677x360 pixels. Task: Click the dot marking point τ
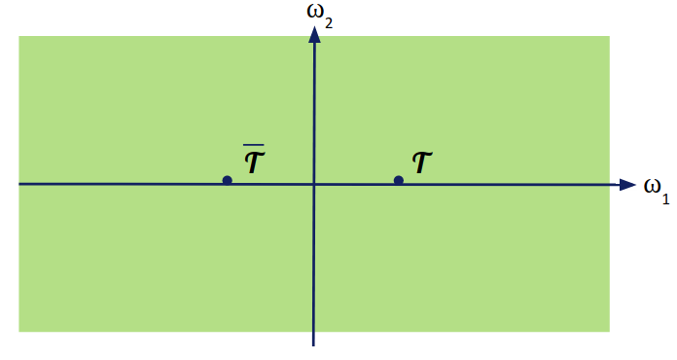coord(398,180)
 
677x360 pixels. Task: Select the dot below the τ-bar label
coord(227,180)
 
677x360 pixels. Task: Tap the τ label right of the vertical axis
coord(422,162)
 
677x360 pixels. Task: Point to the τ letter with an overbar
coord(254,162)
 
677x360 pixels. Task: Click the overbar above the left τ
coord(254,146)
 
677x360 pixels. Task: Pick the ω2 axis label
coord(315,14)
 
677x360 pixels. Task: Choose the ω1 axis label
coord(656,188)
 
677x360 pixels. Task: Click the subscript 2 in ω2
coord(329,20)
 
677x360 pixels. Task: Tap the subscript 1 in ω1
coord(666,198)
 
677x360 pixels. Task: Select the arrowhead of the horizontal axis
coord(628,184)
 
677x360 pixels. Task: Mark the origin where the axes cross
coord(314,184)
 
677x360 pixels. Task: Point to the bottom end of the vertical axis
coord(314,344)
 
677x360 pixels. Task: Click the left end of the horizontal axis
coord(20,184)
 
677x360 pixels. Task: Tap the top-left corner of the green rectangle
coord(20,37)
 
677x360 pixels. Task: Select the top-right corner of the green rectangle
coord(609,37)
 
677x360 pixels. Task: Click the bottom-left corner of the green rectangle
coord(20,331)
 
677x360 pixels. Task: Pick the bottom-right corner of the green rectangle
coord(609,331)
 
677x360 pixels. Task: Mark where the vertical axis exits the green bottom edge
coord(314,331)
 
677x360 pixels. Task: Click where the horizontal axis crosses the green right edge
coord(609,184)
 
